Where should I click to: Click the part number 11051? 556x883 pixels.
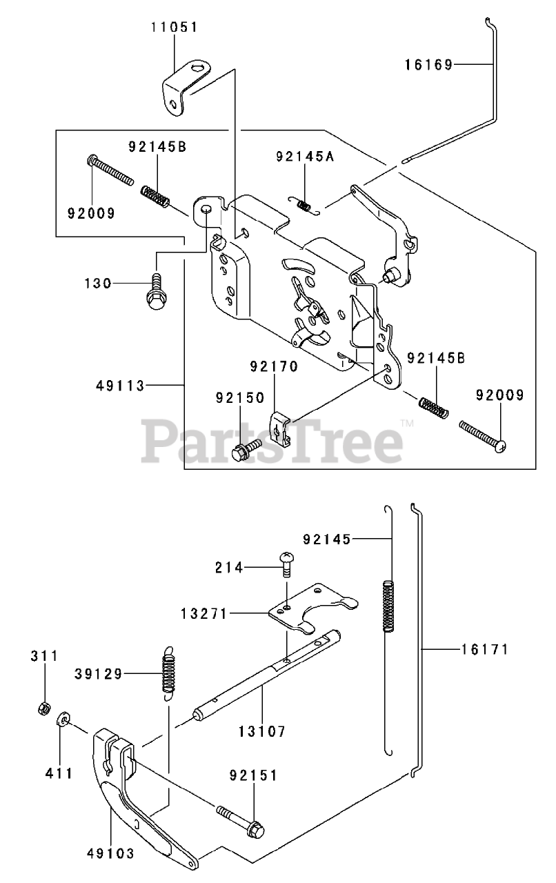point(174,28)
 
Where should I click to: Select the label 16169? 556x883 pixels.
point(428,65)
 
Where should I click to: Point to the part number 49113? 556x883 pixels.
point(121,386)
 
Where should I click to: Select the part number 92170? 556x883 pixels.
point(274,367)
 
